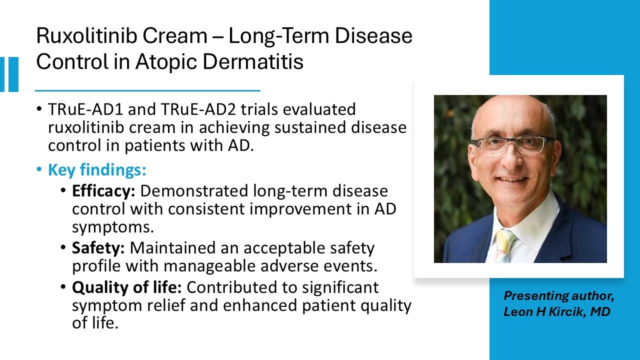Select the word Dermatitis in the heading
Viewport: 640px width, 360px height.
pos(253,61)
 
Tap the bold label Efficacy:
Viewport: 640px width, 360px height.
pos(103,191)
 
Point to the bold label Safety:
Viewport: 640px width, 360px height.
pos(98,248)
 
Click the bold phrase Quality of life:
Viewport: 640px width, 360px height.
pos(127,287)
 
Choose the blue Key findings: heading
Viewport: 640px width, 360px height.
pos(97,170)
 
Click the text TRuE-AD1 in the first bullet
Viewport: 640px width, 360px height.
pos(85,109)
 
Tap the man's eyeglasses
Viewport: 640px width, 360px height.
pos(512,145)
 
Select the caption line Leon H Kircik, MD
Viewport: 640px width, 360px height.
pos(557,311)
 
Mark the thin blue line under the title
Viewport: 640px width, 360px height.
pos(147,90)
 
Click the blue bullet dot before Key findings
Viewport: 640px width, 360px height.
pos(39,169)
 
